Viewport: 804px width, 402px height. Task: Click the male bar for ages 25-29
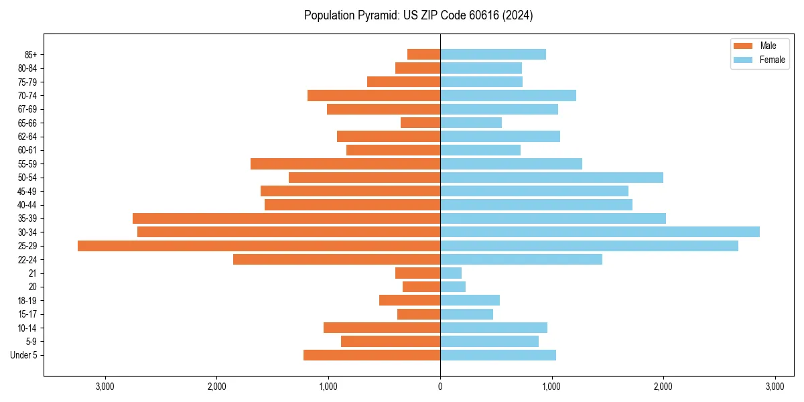259,246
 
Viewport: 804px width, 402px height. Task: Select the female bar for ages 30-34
600,232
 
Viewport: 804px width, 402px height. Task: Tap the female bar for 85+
493,54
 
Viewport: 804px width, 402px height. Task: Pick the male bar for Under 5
372,355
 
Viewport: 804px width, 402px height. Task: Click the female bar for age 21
451,273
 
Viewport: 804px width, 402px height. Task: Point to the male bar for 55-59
345,163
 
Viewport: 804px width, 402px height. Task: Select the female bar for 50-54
551,178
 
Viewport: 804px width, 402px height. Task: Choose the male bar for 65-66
420,123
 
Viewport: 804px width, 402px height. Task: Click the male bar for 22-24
336,259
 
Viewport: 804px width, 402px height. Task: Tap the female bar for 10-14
494,328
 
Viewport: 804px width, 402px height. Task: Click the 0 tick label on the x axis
440,387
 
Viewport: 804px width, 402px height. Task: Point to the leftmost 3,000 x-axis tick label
105,387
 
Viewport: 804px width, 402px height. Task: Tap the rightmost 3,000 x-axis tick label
775,387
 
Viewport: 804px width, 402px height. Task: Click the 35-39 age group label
27,218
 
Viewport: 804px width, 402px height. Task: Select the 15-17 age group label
27,314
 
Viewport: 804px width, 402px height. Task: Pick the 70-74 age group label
27,95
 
